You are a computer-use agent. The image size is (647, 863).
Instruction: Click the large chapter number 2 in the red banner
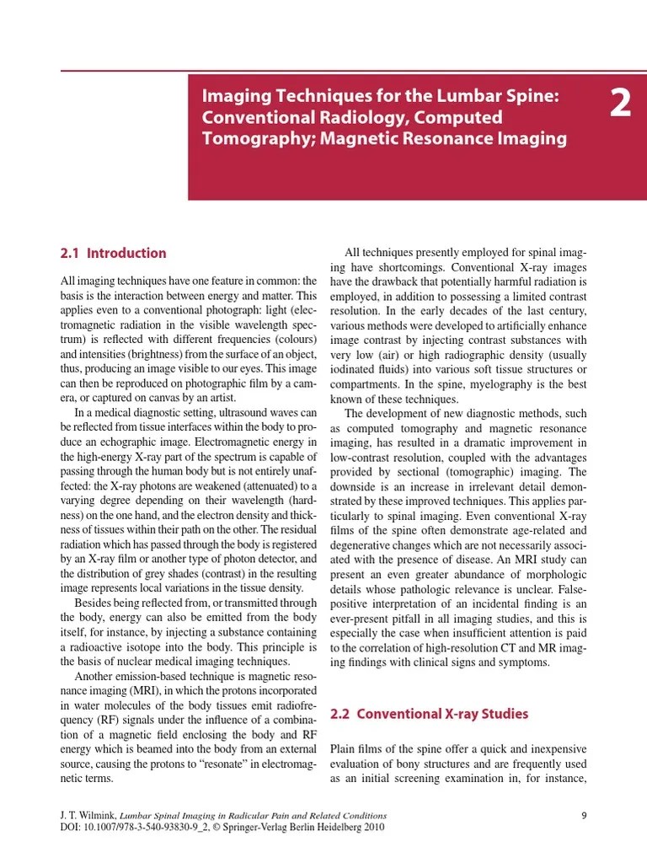pyautogui.click(x=619, y=105)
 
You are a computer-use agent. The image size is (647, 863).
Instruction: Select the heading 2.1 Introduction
pyautogui.click(x=114, y=253)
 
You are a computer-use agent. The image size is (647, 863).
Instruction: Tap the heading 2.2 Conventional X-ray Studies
pyautogui.click(x=429, y=714)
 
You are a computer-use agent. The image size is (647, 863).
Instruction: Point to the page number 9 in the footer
pyautogui.click(x=584, y=815)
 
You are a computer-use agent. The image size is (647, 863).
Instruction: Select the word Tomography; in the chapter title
pyautogui.click(x=247, y=138)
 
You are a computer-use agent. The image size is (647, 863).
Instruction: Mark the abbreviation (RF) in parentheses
pyautogui.click(x=108, y=721)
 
